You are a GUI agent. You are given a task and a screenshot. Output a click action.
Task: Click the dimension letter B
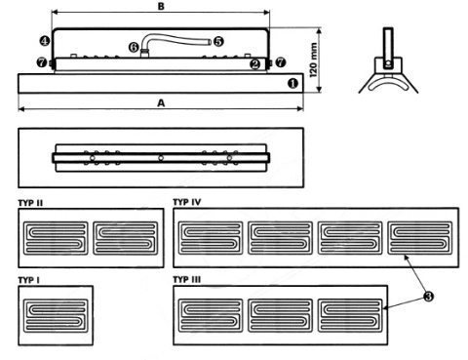(161, 7)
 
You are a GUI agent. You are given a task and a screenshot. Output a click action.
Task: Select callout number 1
(292, 85)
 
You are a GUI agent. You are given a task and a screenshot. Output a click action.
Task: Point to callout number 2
(254, 64)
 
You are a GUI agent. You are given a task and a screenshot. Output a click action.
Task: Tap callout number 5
(217, 42)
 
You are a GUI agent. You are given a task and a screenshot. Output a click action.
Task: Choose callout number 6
(134, 45)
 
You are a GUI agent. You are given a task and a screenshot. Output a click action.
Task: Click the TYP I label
(30, 279)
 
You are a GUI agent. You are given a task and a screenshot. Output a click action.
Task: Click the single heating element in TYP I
(55, 313)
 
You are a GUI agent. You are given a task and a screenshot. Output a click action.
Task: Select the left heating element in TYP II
(56, 237)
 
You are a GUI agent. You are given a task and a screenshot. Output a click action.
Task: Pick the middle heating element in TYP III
(280, 313)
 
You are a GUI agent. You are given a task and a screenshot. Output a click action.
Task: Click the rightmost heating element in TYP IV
(420, 237)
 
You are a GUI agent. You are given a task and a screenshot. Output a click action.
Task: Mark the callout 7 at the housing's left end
(40, 62)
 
